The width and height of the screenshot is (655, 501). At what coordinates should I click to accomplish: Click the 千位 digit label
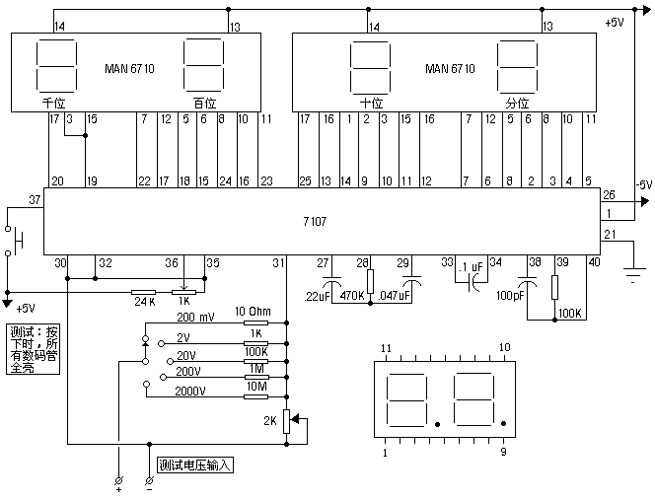click(x=52, y=103)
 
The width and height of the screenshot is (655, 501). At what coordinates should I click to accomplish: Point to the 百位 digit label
click(x=204, y=103)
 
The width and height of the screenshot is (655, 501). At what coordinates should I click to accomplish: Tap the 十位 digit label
click(x=371, y=103)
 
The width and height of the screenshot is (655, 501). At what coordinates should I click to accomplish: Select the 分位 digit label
click(x=517, y=103)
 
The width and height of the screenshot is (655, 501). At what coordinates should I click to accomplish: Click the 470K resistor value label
click(x=351, y=295)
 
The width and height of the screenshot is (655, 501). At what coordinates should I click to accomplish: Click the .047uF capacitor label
click(x=396, y=295)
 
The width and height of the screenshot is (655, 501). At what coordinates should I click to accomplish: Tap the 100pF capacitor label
click(x=511, y=295)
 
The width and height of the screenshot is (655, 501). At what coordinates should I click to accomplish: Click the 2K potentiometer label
click(x=268, y=420)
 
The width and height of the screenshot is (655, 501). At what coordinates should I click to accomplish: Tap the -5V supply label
click(x=642, y=184)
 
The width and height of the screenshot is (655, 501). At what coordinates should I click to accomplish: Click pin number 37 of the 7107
click(x=36, y=200)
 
